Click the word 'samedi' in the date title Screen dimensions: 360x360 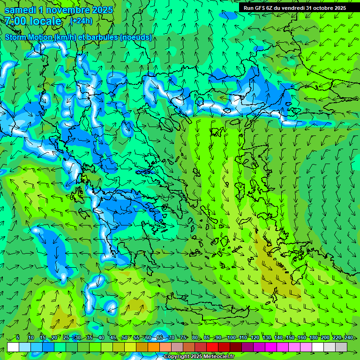tap(21, 10)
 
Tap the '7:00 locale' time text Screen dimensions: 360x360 tap(33, 21)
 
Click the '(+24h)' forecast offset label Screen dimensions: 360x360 tap(81, 21)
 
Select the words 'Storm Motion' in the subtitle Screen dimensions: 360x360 tap(29, 37)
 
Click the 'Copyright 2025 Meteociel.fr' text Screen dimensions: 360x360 tap(199, 357)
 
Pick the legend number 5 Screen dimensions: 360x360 tap(18, 337)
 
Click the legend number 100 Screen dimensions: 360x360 tap(231, 337)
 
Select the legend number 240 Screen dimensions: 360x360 tap(349, 337)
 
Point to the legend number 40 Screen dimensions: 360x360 tap(101, 337)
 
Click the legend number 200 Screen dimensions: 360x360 tap(325, 337)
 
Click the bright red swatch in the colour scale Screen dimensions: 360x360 tap(212, 347)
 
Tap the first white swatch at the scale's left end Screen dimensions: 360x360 tap(13, 347)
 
